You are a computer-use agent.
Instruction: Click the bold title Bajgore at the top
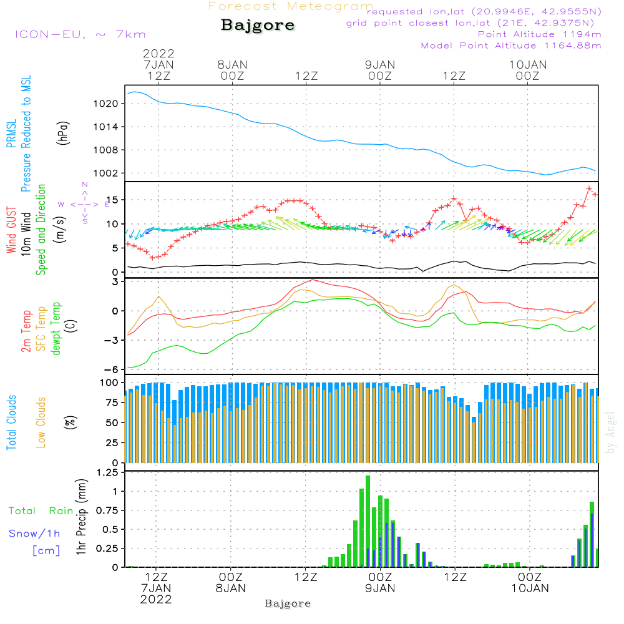(258, 26)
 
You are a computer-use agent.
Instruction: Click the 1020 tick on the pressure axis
(110, 104)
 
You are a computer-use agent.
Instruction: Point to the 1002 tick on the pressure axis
(110, 173)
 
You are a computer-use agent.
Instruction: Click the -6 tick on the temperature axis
(114, 369)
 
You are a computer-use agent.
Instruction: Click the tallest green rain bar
(368, 521)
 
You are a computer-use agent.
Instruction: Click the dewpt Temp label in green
(57, 329)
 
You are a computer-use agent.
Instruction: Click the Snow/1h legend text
(35, 534)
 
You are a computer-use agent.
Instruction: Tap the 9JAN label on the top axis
(380, 64)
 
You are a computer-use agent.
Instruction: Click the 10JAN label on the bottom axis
(530, 588)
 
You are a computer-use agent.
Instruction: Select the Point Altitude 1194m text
(539, 34)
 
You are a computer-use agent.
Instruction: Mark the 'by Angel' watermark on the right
(611, 432)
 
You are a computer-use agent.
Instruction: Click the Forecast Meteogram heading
(291, 6)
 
